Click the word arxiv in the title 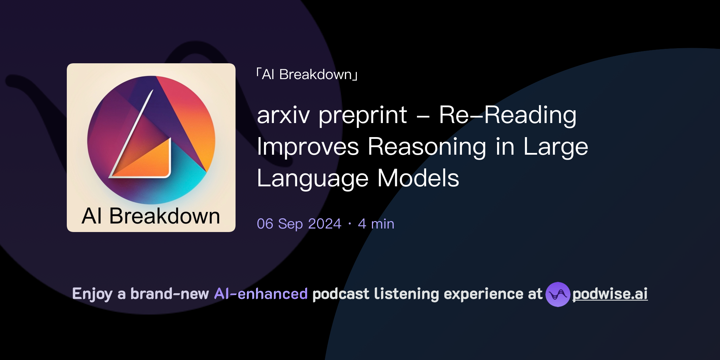[x=283, y=115]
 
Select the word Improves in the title [x=308, y=147]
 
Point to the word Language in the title [x=313, y=179]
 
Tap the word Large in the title [x=555, y=147]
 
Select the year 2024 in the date [x=324, y=224]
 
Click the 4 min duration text [x=376, y=224]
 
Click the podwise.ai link [x=610, y=294]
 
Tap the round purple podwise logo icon [x=558, y=294]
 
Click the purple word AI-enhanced [x=261, y=294]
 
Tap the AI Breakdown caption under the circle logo [x=151, y=216]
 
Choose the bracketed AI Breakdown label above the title [x=307, y=75]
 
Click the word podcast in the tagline [x=341, y=294]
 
